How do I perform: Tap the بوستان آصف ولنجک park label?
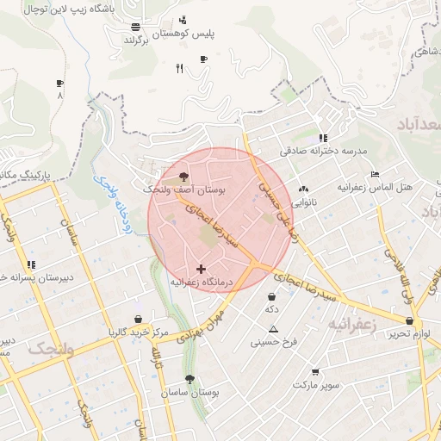click(184, 189)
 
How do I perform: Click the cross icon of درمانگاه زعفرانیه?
click(202, 270)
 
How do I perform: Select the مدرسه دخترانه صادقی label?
click(322, 151)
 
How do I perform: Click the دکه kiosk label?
click(271, 308)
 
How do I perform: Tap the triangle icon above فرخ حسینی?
click(273, 329)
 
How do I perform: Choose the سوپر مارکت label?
click(316, 385)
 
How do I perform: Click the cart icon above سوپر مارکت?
click(315, 372)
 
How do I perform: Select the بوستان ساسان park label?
click(190, 392)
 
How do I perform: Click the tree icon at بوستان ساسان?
click(189, 378)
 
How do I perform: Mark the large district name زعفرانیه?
click(349, 325)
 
